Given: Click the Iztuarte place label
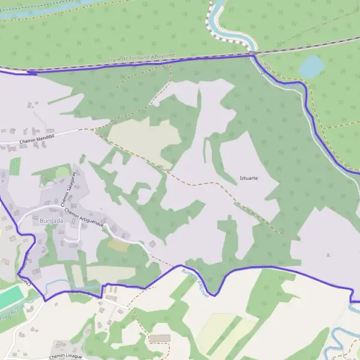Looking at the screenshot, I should click(248, 178).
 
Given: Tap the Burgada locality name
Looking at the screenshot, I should click(50, 221).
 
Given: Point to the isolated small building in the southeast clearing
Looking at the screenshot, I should click(328, 255).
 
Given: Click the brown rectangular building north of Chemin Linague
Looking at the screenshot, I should click(160, 339).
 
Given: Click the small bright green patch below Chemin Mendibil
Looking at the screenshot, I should click(14, 166).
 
